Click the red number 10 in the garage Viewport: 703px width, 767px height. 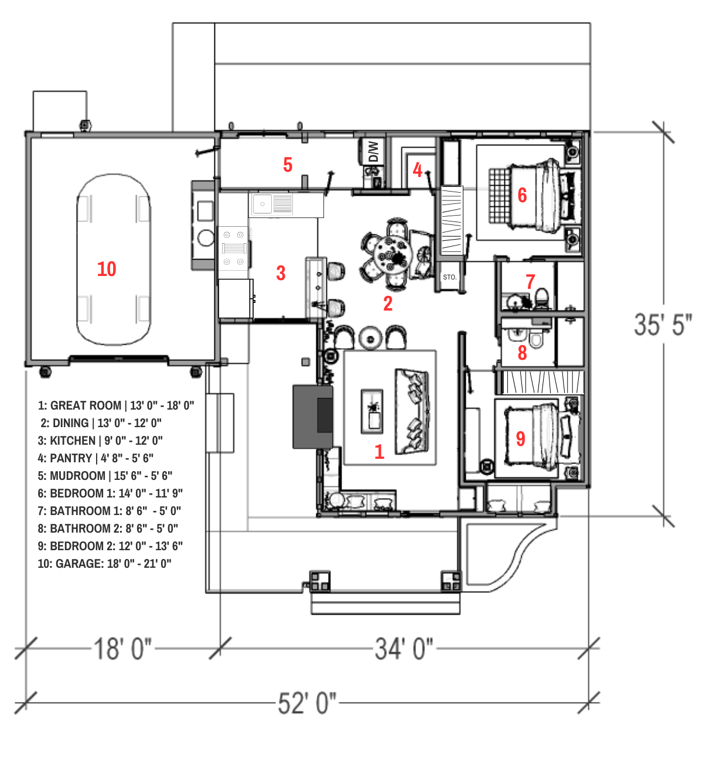tap(107, 269)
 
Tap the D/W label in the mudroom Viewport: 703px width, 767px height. tap(374, 152)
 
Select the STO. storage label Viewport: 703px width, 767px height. tap(449, 277)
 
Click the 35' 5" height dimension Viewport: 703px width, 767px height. tap(663, 325)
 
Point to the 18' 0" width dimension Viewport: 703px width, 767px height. tap(122, 649)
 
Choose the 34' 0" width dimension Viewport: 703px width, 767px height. tap(404, 649)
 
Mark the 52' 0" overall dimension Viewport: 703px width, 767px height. tap(307, 703)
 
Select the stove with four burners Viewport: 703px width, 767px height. tap(234, 248)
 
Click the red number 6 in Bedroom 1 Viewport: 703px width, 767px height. tap(522, 195)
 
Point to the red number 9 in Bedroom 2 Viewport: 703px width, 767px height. tap(520, 438)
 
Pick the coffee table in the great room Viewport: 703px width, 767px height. tap(372, 411)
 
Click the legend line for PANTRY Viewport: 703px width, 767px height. tap(95, 458)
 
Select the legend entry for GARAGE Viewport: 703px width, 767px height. tap(104, 564)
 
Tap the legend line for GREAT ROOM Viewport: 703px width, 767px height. tap(116, 405)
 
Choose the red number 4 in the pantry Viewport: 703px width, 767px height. tap(418, 170)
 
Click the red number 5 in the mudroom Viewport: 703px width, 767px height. tap(288, 165)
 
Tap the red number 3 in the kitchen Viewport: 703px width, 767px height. tap(281, 273)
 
